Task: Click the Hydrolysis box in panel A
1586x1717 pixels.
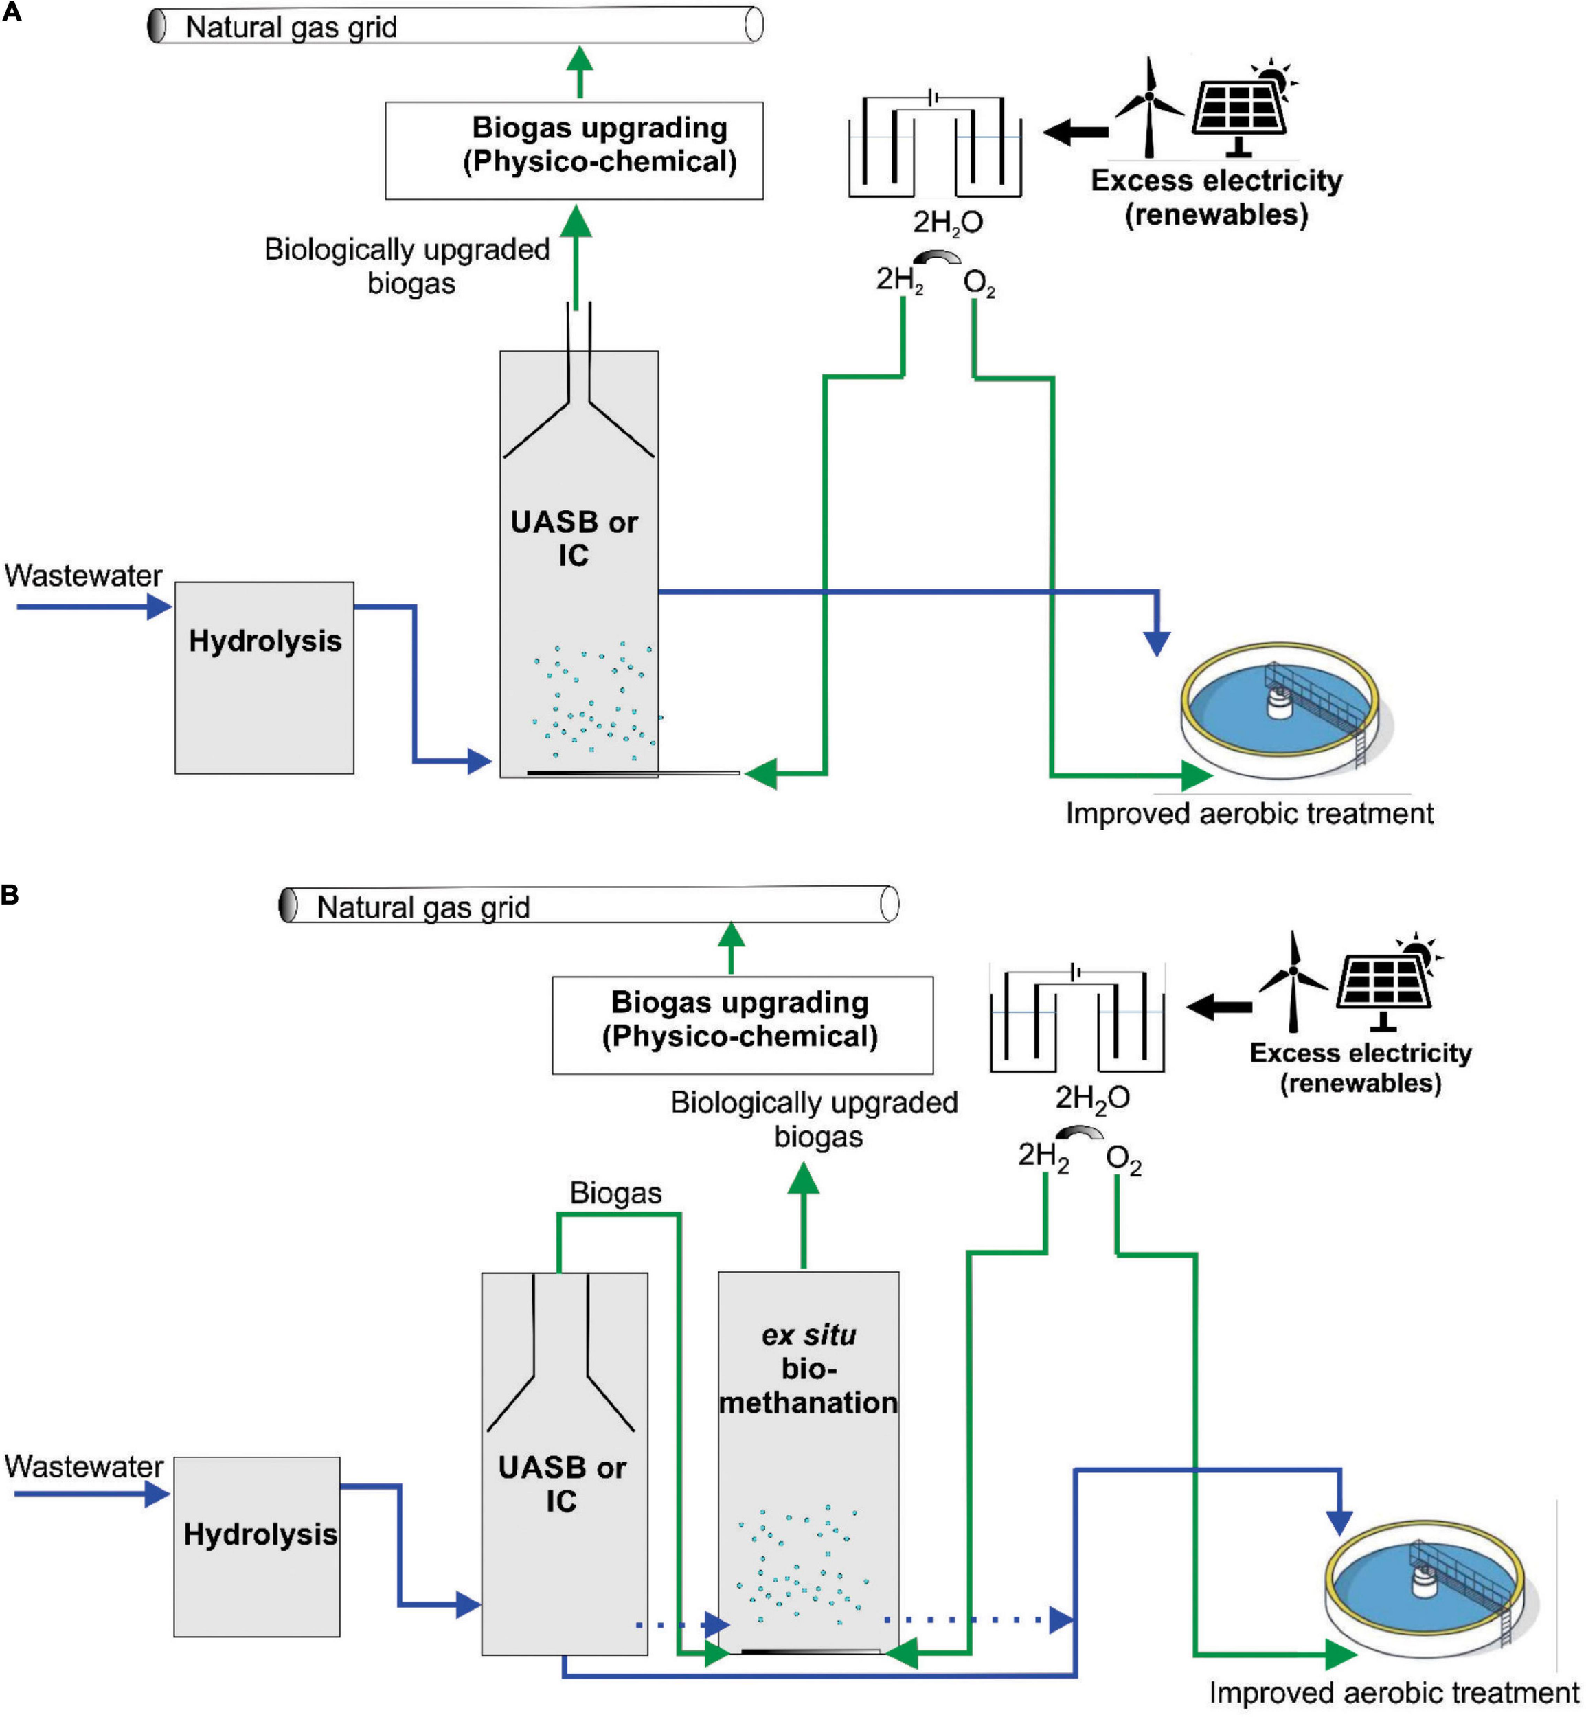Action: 264,678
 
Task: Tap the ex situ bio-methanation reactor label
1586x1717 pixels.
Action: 808,1369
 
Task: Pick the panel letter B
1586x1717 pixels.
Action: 10,895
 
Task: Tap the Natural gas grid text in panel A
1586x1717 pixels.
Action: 291,27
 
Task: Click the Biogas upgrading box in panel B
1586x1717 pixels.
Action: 743,1025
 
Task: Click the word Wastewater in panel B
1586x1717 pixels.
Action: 84,1466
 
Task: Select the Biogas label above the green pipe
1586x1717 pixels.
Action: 615,1193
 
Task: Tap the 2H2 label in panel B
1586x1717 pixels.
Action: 1043,1156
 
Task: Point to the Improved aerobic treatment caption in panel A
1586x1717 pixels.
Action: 1249,813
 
